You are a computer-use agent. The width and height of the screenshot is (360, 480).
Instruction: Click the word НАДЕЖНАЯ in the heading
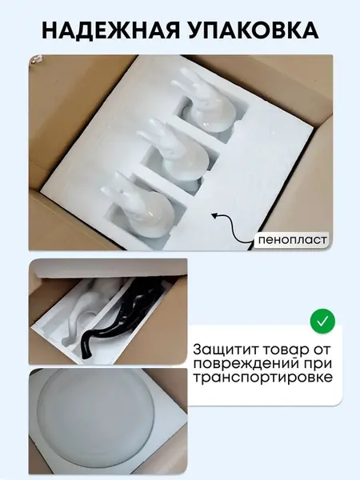point(110,30)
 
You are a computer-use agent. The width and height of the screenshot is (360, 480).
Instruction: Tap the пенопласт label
point(292,239)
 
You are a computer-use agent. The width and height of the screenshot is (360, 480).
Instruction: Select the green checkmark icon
point(322,322)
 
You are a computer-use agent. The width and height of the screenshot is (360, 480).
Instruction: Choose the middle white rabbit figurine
point(176,151)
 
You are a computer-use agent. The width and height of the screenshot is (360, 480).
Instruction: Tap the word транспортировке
point(262,378)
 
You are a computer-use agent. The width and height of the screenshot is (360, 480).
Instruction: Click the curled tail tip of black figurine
point(86,356)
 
